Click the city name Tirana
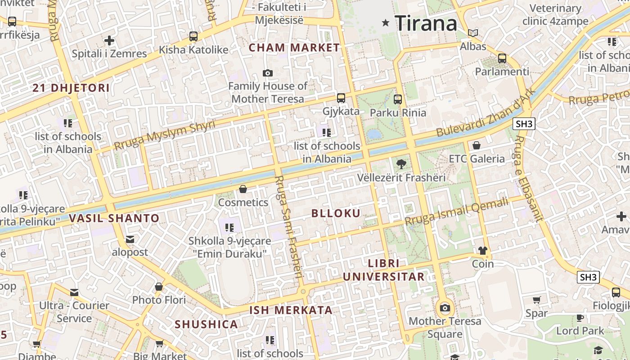click(x=426, y=23)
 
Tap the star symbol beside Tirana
click(x=386, y=22)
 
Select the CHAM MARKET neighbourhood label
click(x=294, y=48)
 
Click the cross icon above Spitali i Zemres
click(x=109, y=41)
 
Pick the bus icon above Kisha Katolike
click(x=193, y=36)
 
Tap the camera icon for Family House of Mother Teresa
click(x=268, y=73)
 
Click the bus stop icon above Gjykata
click(x=341, y=98)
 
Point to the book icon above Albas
click(x=473, y=33)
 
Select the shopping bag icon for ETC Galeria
click(x=477, y=146)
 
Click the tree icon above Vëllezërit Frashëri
click(x=401, y=164)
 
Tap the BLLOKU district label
click(x=336, y=213)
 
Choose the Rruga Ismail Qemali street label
click(x=456, y=211)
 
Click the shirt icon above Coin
click(x=483, y=251)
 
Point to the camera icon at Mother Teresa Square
click(x=445, y=308)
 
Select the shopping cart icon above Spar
click(x=537, y=300)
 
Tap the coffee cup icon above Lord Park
click(x=580, y=318)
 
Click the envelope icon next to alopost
click(x=130, y=239)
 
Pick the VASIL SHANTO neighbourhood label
click(x=114, y=219)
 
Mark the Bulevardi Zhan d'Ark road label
click(x=486, y=112)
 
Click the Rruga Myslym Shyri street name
click(x=165, y=135)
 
